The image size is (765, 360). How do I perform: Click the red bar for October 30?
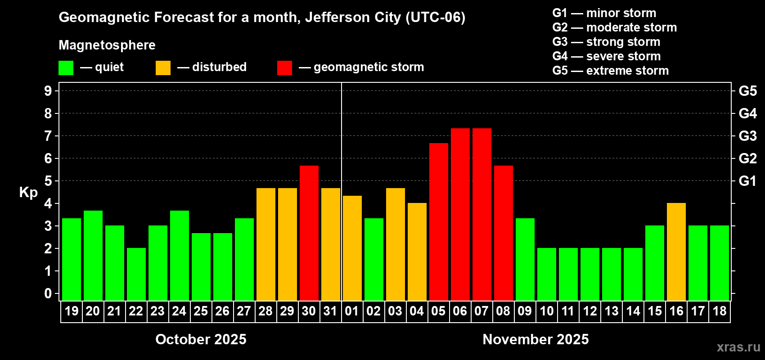click(309, 233)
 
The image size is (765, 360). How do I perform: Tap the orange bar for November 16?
click(676, 252)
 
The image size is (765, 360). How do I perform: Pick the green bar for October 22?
click(136, 274)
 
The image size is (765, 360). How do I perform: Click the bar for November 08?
click(503, 233)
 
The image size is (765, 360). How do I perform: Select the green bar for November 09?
click(525, 259)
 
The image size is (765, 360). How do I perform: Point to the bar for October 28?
click(265, 244)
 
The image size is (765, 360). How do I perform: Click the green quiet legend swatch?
click(66, 68)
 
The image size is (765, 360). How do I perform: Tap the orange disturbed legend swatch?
click(163, 68)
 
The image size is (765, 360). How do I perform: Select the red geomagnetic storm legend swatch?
click(284, 68)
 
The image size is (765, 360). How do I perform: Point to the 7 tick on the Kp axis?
click(48, 136)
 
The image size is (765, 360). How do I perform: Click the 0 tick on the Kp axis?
click(48, 294)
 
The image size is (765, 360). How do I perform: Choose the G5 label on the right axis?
click(747, 91)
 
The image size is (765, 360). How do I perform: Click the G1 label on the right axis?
click(747, 181)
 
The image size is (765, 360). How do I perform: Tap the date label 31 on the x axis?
click(330, 311)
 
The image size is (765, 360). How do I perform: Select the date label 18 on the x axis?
click(719, 311)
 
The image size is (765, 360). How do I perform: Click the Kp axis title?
click(28, 192)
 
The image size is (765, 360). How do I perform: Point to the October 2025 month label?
click(201, 339)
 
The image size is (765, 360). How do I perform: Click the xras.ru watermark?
click(738, 347)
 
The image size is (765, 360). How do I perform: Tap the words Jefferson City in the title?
click(353, 17)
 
